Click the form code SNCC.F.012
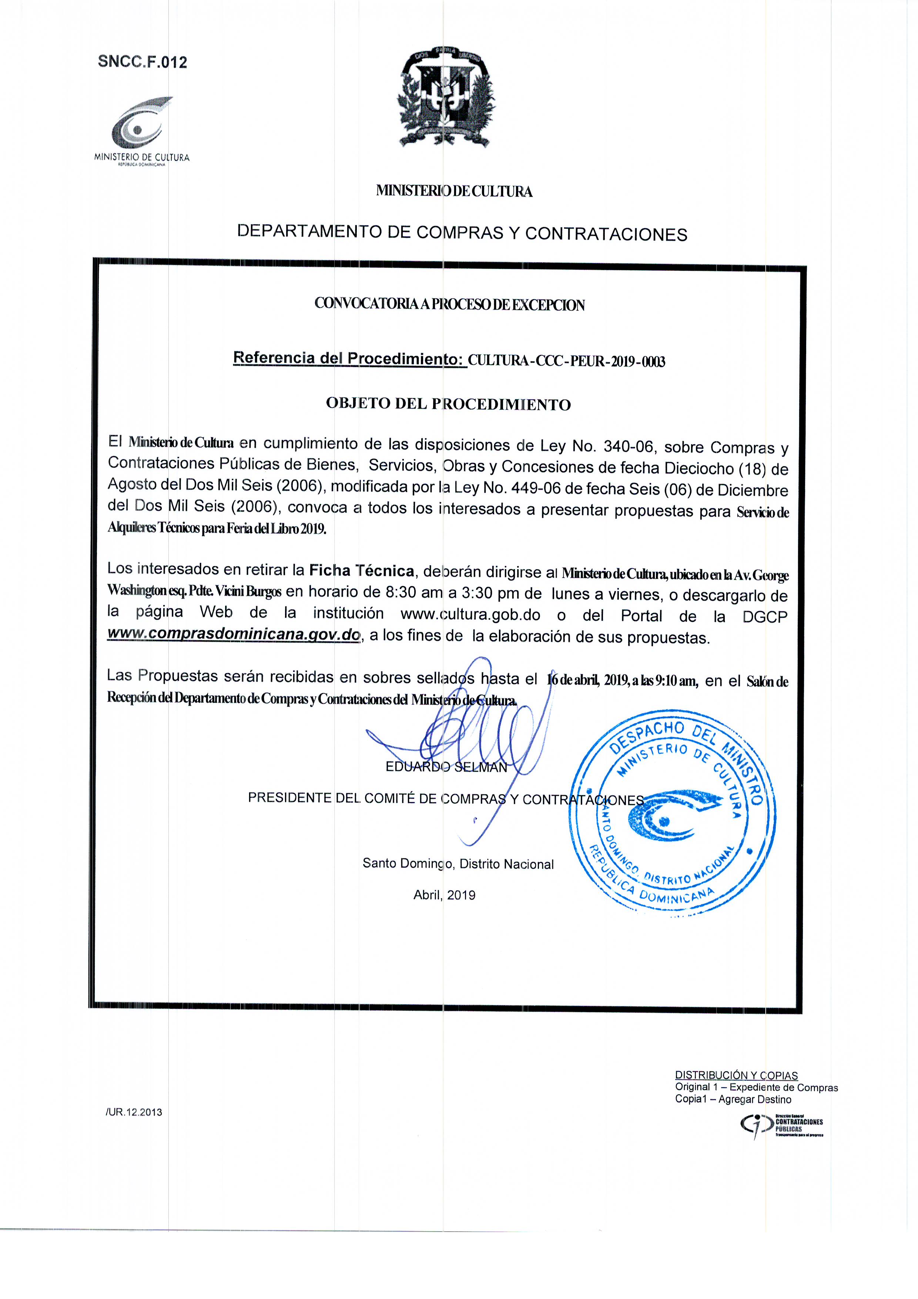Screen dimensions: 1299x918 click(x=142, y=62)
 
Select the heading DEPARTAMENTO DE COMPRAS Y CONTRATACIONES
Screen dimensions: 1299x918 click(x=462, y=233)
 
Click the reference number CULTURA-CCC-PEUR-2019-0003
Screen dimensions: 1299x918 click(x=566, y=361)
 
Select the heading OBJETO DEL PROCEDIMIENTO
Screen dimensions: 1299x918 click(x=448, y=404)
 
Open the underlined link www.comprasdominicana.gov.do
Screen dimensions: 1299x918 click(x=234, y=635)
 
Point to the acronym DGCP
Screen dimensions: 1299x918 click(x=765, y=617)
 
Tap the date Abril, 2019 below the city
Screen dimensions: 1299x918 click(x=444, y=895)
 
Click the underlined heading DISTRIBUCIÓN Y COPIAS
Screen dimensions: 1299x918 click(x=736, y=1075)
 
